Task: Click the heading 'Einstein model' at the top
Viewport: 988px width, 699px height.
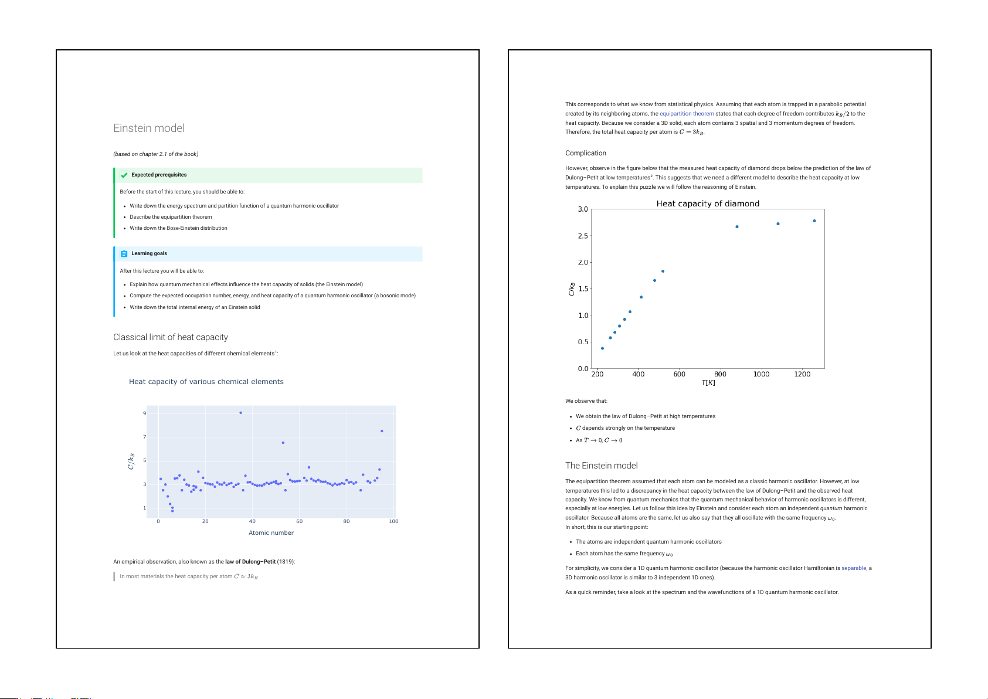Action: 149,128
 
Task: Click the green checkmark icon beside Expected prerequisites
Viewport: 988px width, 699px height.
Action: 124,175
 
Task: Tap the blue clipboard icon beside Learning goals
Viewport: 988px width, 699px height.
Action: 124,253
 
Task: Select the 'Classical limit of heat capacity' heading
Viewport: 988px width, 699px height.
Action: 171,337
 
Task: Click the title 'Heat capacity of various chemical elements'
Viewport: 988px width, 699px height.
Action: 206,382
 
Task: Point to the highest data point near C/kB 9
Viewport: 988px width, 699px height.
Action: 240,413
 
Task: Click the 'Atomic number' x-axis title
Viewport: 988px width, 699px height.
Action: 271,533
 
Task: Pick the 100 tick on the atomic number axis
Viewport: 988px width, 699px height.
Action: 393,521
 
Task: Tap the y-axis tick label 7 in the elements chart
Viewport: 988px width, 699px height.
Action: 145,437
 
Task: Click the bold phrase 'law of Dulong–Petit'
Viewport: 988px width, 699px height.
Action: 250,562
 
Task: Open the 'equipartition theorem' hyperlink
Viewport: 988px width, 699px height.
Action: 687,114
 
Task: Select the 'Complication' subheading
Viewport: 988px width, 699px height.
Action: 586,153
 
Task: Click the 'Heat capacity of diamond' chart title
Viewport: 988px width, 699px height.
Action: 708,203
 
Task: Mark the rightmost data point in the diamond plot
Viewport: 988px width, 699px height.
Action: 814,221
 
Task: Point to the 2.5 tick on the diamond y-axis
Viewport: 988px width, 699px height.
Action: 583,236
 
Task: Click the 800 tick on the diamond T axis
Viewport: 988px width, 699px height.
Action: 720,374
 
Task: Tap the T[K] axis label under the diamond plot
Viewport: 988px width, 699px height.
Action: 708,383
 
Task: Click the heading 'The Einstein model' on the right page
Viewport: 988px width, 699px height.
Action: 602,466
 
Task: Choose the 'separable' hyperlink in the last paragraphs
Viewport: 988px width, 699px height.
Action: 854,568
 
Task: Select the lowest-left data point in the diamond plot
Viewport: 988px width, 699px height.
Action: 602,348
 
